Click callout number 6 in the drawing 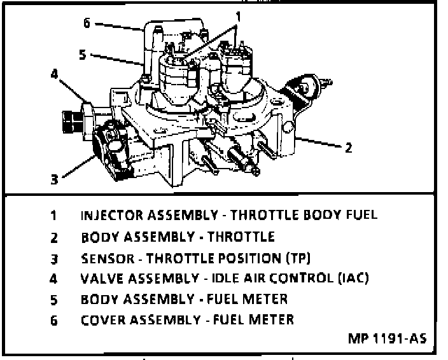87,22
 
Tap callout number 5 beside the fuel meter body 83,55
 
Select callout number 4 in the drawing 54,74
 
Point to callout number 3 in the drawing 54,179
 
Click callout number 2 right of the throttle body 349,148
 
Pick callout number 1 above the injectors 238,17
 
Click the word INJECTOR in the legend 112,215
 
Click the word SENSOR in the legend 108,258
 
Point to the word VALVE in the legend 102,279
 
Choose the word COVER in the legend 103,320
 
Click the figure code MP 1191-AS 388,338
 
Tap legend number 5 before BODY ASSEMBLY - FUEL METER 53,300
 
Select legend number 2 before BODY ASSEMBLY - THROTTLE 53,238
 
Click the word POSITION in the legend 250,258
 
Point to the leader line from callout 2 319,142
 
